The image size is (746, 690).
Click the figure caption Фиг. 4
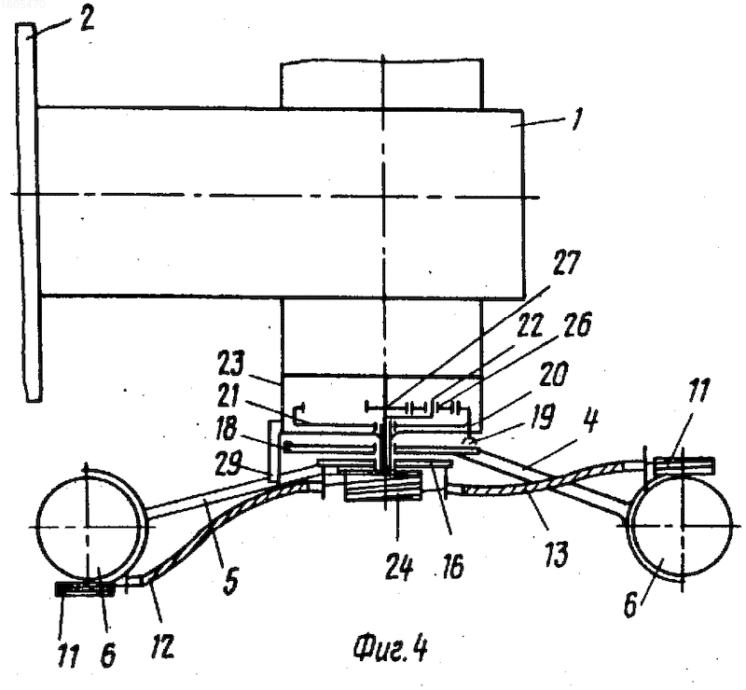pos(390,648)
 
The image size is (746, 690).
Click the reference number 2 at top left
pos(86,20)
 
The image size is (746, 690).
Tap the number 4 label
pos(589,422)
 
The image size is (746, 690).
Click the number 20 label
pos(554,375)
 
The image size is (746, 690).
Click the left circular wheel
pos(89,525)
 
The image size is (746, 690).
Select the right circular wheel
pos(681,526)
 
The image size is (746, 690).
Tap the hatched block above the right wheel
pos(684,466)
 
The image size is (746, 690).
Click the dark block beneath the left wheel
pos(85,589)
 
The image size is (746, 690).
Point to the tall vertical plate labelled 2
pos(29,212)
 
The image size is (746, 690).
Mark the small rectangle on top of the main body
pos(382,84)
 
